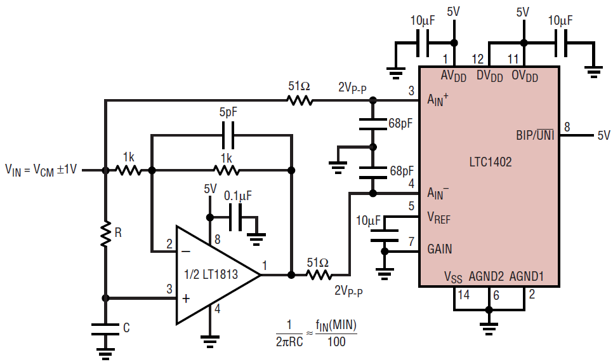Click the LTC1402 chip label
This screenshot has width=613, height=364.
pos(491,161)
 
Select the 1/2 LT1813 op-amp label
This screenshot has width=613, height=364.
pos(211,274)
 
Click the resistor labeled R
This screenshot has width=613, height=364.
pos(105,234)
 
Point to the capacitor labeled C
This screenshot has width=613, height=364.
pos(105,329)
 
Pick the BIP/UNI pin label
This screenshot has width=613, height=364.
pos(535,135)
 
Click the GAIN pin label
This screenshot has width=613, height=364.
pos(439,249)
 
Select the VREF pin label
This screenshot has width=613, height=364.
pos(438,218)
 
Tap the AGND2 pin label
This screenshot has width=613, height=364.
pos(486,276)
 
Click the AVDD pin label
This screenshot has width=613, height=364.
pos(454,76)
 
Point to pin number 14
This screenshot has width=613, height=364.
pos(464,294)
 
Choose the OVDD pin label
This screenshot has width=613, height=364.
pos(525,76)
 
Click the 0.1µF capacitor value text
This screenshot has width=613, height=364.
pos(238,195)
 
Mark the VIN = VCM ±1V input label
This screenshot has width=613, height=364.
pos(41,170)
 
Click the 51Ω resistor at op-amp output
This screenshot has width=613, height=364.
pos(319,275)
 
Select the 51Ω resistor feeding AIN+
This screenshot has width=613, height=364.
pos(300,101)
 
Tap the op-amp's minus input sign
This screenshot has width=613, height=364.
pos(187,252)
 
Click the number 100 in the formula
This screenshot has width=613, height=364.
pos(336,342)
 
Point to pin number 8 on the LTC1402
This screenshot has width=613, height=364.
pos(567,127)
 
